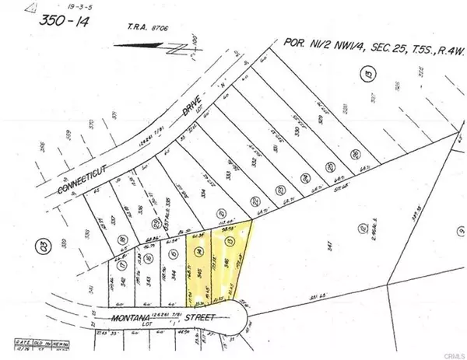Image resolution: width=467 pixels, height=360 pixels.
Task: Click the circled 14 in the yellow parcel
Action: (201, 252)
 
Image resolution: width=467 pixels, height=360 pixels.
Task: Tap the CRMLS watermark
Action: (449, 353)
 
